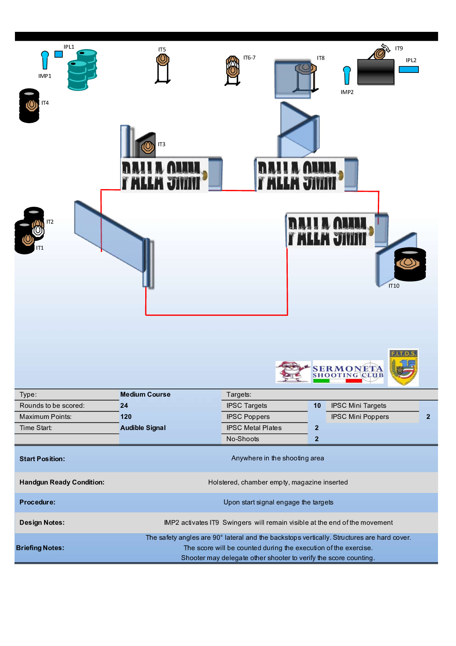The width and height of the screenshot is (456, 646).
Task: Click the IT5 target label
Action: pyautogui.click(x=162, y=50)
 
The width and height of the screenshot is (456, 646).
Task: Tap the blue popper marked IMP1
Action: pyautogui.click(x=45, y=60)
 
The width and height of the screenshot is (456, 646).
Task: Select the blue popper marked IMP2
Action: pyautogui.click(x=347, y=75)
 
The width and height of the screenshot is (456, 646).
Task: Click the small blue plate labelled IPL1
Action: pyautogui.click(x=59, y=54)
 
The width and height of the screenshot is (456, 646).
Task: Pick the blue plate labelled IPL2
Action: pyautogui.click(x=408, y=69)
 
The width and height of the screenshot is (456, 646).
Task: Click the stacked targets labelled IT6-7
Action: pyautogui.click(x=233, y=69)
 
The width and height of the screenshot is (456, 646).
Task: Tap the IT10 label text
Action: pyautogui.click(x=394, y=286)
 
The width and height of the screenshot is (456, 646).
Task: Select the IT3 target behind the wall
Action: pyautogui.click(x=148, y=147)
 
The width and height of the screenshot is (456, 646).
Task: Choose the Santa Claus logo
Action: pyautogui.click(x=293, y=372)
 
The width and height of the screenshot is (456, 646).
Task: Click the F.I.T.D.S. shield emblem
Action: pyautogui.click(x=403, y=367)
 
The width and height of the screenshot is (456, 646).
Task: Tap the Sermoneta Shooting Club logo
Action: pyautogui.click(x=348, y=372)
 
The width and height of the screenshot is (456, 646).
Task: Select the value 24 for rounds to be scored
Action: pyautogui.click(x=124, y=405)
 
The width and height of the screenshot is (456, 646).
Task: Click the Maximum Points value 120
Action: pyautogui.click(x=126, y=417)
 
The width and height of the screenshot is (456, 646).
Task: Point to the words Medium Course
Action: pyautogui.click(x=145, y=394)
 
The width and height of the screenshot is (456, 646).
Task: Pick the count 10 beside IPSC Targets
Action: pyautogui.click(x=317, y=405)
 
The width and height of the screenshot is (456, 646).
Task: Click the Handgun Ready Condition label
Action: pyautogui.click(x=62, y=482)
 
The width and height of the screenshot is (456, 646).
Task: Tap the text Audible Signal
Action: pyautogui.click(x=143, y=428)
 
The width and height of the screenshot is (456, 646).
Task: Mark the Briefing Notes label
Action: pyautogui.click(x=40, y=548)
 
